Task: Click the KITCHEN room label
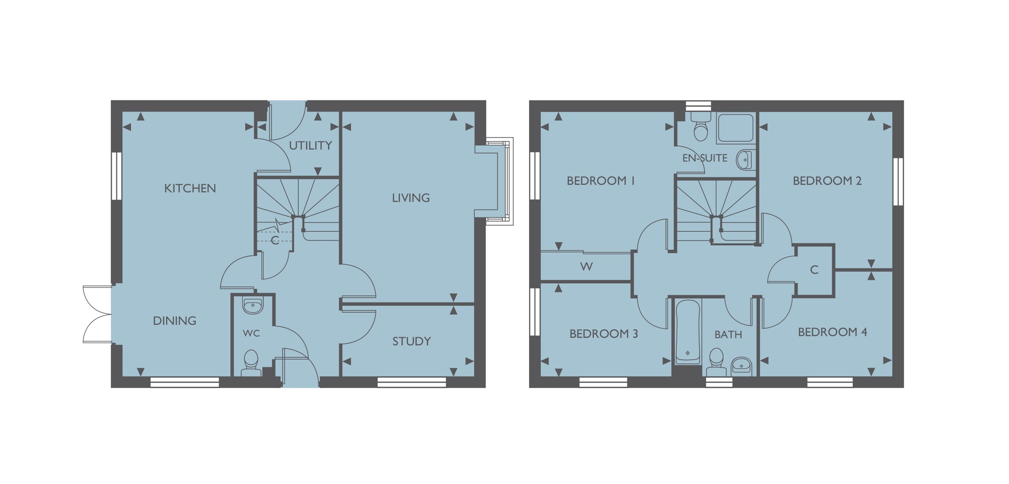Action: tap(190, 189)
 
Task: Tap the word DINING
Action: tap(175, 321)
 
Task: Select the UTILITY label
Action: tap(311, 146)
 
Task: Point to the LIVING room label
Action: tap(411, 198)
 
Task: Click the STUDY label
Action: tap(411, 341)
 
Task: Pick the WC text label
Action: tap(251, 334)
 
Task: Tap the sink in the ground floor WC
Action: tap(252, 306)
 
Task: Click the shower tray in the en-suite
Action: tap(735, 128)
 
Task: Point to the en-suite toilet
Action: tap(700, 127)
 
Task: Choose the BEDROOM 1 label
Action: tap(601, 181)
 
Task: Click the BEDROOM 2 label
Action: tap(827, 181)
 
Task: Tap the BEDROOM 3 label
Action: tap(604, 334)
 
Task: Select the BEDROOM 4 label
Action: tap(833, 333)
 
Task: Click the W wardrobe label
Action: tap(586, 267)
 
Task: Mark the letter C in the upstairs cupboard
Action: tap(814, 270)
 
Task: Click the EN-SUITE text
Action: tap(705, 158)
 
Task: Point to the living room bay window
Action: tap(494, 181)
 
